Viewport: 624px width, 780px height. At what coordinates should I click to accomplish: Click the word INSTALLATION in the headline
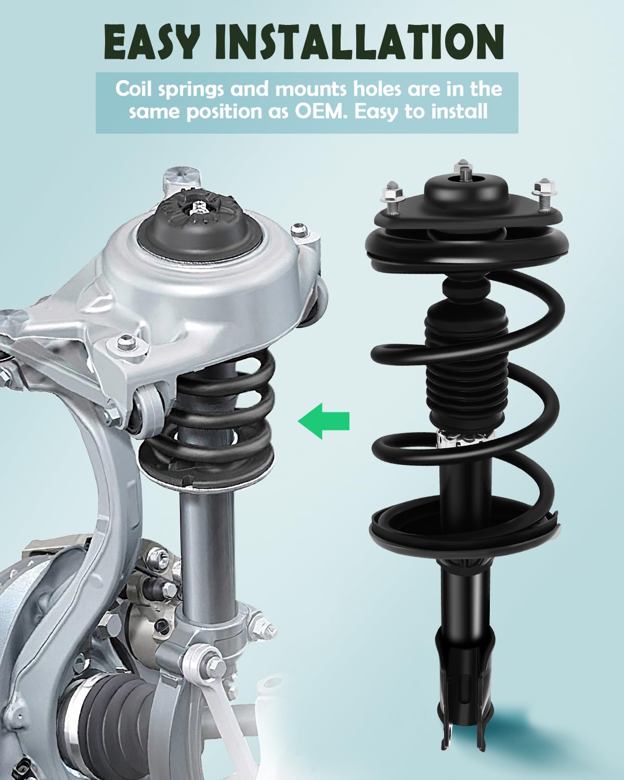click(359, 42)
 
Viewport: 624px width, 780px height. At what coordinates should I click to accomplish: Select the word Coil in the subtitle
click(134, 88)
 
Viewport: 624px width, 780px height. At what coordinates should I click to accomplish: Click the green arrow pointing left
click(323, 420)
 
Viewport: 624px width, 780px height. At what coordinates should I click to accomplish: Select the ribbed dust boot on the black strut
click(465, 364)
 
